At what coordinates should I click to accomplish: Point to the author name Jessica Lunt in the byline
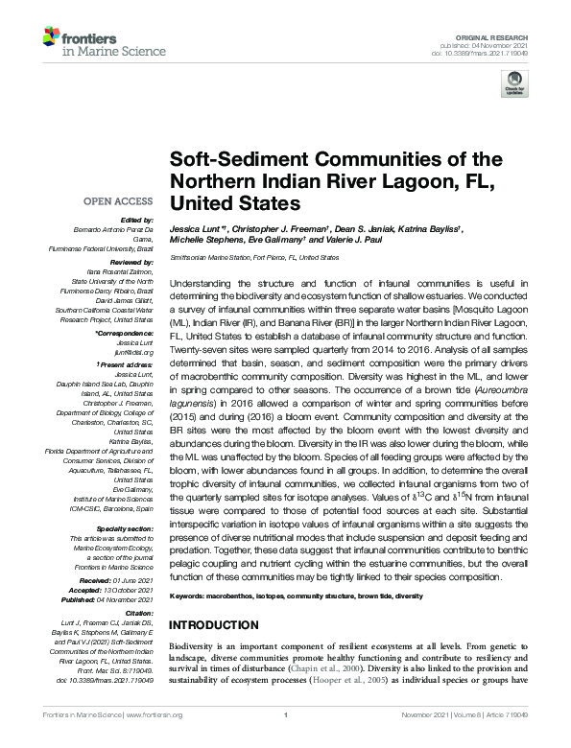199,230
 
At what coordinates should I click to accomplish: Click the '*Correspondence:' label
125,331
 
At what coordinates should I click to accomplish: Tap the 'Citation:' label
137,611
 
